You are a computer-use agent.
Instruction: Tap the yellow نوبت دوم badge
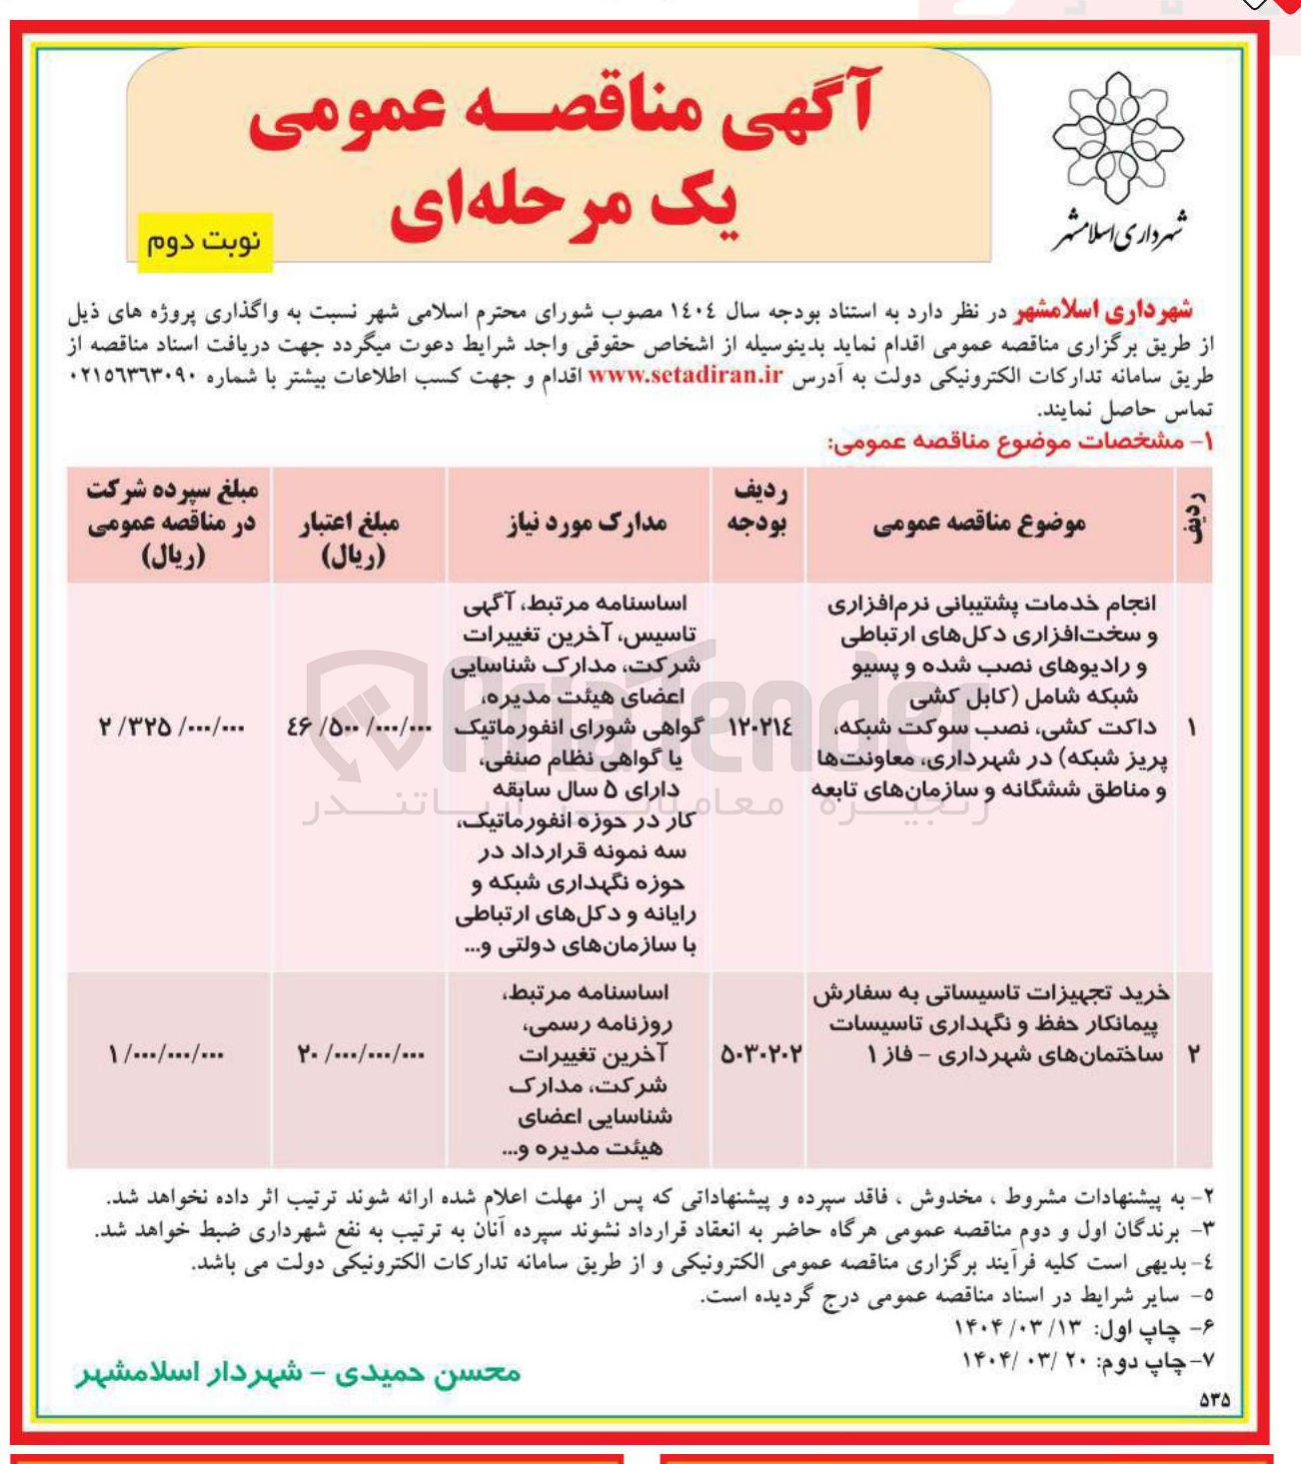point(204,243)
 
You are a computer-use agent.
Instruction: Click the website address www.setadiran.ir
point(684,377)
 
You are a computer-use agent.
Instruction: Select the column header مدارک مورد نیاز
point(587,523)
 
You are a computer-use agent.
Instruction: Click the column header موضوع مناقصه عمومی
point(979,523)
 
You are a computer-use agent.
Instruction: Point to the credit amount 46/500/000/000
point(359,728)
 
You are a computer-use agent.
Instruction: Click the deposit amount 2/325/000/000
point(171,728)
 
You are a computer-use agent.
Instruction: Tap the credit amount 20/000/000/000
point(361,1053)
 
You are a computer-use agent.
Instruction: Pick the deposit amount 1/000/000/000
point(166,1053)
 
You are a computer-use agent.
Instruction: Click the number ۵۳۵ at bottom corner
point(1213,1401)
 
